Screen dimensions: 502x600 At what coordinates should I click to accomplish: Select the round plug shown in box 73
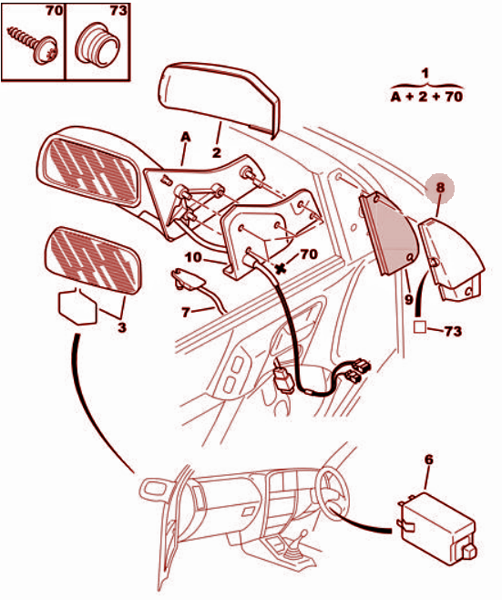(x=98, y=46)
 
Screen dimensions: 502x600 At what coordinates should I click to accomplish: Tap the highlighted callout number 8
(x=440, y=188)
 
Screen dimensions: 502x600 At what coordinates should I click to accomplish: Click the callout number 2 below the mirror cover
(x=217, y=153)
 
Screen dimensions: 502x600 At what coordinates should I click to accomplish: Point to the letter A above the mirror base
(x=186, y=137)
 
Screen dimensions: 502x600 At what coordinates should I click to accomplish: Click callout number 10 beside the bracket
(x=193, y=257)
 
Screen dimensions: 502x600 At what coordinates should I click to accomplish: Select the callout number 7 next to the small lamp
(x=186, y=313)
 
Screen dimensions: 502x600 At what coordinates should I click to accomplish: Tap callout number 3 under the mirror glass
(x=121, y=327)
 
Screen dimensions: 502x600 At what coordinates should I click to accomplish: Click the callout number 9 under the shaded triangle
(x=409, y=300)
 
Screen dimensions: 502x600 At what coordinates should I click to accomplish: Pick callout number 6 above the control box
(x=429, y=460)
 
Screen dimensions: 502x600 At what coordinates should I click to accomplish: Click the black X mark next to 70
(x=281, y=268)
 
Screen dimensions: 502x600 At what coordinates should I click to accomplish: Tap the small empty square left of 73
(x=420, y=327)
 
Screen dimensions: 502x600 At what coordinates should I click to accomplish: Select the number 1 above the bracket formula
(x=425, y=74)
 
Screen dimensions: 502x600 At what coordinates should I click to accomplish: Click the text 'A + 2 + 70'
(x=426, y=97)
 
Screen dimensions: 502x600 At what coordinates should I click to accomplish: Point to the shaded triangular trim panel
(x=387, y=233)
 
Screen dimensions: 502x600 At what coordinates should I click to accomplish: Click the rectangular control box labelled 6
(x=437, y=528)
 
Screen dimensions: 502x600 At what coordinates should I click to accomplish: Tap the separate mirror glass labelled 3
(x=94, y=260)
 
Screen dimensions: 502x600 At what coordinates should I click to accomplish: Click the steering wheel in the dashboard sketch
(x=333, y=493)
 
